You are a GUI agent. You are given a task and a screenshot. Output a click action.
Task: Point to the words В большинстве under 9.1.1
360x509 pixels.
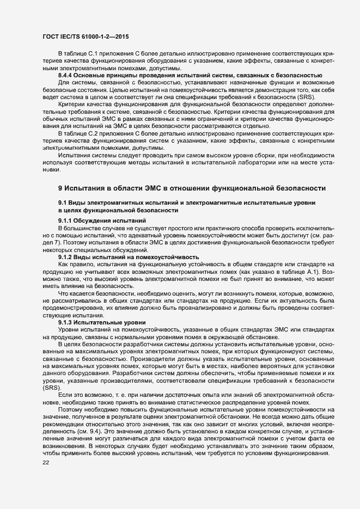[x=78, y=228]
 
